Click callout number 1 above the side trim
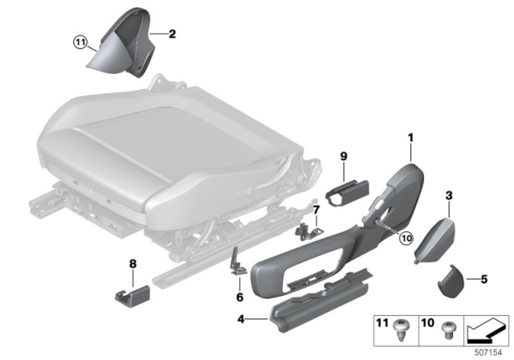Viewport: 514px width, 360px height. (410, 138)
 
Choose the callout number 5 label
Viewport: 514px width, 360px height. (483, 279)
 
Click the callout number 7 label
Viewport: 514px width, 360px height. (316, 211)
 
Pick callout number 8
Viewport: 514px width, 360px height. (133, 263)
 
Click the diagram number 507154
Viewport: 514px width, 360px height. (489, 350)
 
